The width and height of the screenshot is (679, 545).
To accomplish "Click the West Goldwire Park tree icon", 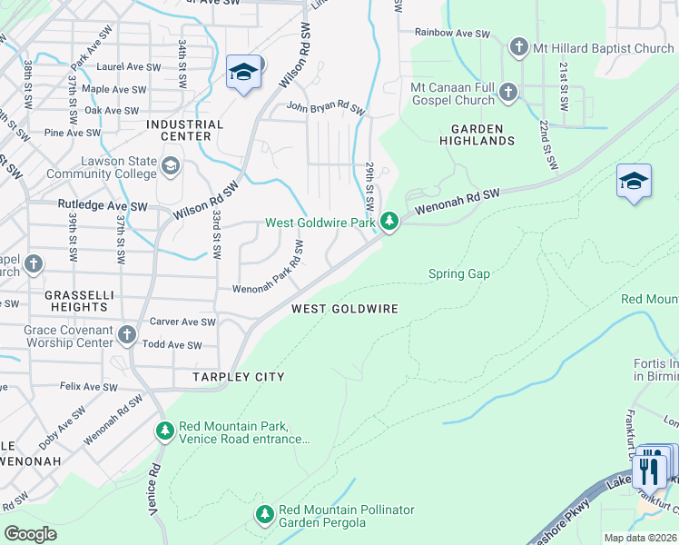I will click(x=389, y=222).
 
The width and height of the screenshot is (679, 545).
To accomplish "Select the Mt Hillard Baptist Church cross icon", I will click(x=518, y=47).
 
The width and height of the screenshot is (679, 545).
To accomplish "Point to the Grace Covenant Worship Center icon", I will click(x=126, y=337).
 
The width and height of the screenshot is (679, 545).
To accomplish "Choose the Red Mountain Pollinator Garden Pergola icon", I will click(x=264, y=515).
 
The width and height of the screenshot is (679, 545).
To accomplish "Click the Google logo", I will click(x=30, y=534).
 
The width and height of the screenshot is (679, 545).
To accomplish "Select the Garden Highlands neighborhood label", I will click(x=477, y=134).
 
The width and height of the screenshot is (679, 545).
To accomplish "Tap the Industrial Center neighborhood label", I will click(x=184, y=130).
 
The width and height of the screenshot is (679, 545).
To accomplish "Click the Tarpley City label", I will click(x=238, y=377).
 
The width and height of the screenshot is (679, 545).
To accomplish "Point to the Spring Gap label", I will click(x=458, y=273).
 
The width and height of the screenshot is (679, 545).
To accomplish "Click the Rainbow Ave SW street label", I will click(x=451, y=33).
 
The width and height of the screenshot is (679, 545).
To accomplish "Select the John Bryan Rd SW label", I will click(x=325, y=109).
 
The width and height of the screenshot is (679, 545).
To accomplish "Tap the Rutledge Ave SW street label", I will click(x=103, y=206).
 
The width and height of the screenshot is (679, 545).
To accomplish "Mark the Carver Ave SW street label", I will click(x=182, y=322).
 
